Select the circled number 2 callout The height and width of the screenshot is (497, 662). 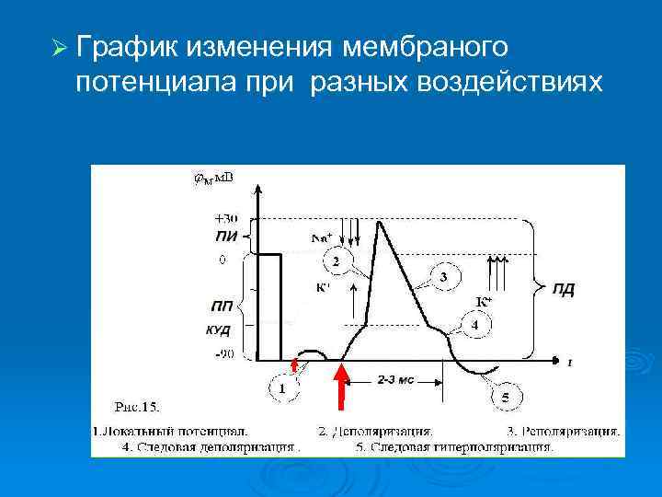[x=337, y=262]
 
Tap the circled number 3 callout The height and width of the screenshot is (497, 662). [x=444, y=277]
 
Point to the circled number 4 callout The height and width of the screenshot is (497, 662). [x=474, y=326]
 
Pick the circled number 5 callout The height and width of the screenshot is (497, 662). [x=504, y=397]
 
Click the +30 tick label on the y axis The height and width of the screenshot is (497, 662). [x=224, y=219]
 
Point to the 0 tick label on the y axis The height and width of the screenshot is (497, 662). [x=222, y=260]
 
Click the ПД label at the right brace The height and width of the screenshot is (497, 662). [x=564, y=290]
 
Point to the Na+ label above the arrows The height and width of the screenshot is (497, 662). [x=322, y=237]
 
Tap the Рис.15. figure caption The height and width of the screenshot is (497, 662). [x=135, y=406]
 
